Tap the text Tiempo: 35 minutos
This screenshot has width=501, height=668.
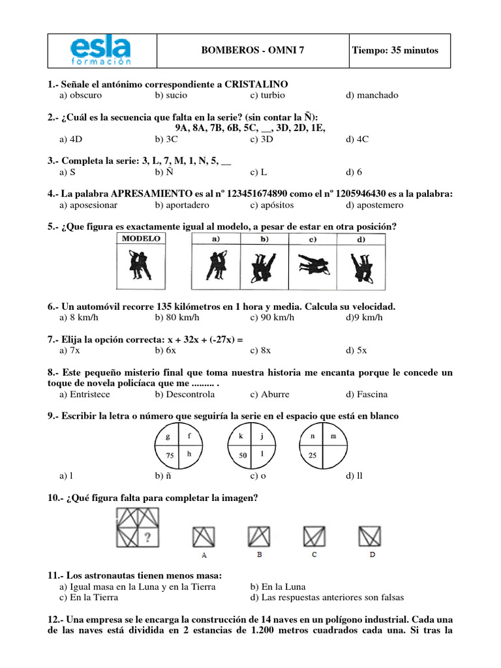pyautogui.click(x=395, y=51)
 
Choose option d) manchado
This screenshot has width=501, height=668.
pyautogui.click(x=372, y=95)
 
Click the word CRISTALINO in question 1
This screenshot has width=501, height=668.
pyautogui.click(x=256, y=84)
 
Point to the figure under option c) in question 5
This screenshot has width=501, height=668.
pyautogui.click(x=312, y=265)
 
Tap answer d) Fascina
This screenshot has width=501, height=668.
pyautogui.click(x=367, y=394)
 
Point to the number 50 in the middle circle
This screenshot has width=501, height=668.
pyautogui.click(x=241, y=455)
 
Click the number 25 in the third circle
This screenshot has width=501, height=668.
pyautogui.click(x=313, y=455)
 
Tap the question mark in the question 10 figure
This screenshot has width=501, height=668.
pyautogui.click(x=148, y=538)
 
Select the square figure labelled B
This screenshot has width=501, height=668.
pyautogui.click(x=259, y=536)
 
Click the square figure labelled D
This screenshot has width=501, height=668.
pyautogui.click(x=372, y=536)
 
